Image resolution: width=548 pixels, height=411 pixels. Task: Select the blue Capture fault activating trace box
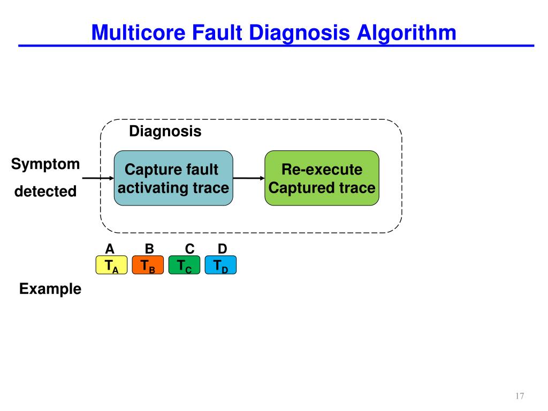tap(173, 179)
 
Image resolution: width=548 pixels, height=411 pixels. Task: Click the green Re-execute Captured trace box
tap(322, 179)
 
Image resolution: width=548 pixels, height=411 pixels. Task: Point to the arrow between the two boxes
tap(249, 178)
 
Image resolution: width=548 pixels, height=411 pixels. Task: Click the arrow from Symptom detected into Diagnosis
tap(98, 178)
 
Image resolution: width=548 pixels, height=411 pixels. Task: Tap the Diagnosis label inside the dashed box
tap(165, 132)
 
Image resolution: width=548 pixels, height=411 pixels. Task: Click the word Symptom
tap(45, 164)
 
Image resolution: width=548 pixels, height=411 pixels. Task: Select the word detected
tap(45, 191)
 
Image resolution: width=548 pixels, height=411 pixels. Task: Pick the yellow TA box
tap(111, 265)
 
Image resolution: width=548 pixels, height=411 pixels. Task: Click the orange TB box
tap(148, 265)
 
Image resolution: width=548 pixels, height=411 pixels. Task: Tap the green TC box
tap(184, 265)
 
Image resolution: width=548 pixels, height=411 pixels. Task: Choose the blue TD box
tap(220, 265)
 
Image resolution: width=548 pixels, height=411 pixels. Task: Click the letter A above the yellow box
tap(110, 249)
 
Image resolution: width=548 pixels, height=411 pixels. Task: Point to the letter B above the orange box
tap(149, 249)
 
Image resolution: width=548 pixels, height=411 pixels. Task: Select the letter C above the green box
tap(189, 249)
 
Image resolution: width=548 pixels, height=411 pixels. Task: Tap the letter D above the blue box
tap(223, 249)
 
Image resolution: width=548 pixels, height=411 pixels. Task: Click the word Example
tap(50, 290)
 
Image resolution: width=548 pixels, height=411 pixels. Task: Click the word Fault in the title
tap(217, 33)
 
